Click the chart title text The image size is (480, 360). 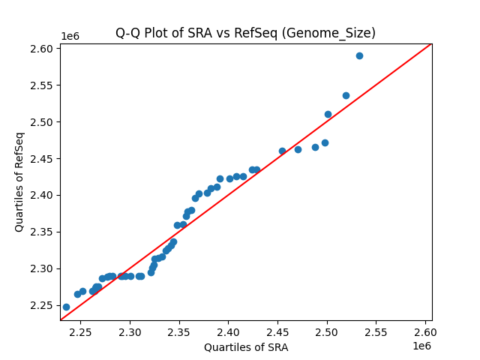pyautogui.click(x=245, y=33)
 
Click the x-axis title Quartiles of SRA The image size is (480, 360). pyautogui.click(x=246, y=347)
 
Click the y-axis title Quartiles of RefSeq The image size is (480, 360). pyautogui.click(x=20, y=181)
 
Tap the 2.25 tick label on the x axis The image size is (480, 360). pyautogui.click(x=81, y=331)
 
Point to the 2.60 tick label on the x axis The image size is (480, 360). pyautogui.click(x=425, y=331)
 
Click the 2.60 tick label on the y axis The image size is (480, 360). pyautogui.click(x=42, y=49)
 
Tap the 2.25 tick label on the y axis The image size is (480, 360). pyautogui.click(x=42, y=305)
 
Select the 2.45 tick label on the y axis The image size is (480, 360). pyautogui.click(x=42, y=158)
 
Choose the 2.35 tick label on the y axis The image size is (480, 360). pyautogui.click(x=42, y=232)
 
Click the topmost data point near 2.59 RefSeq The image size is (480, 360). pyautogui.click(x=359, y=55)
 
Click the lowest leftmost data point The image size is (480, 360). pyautogui.click(x=66, y=307)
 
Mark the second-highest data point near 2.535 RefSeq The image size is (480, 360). pyautogui.click(x=346, y=95)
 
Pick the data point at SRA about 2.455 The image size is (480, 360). pyautogui.click(x=282, y=151)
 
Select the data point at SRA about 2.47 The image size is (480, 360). pyautogui.click(x=298, y=149)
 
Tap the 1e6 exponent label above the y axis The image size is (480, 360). pyautogui.click(x=70, y=37)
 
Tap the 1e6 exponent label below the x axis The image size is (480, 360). pyautogui.click(x=421, y=346)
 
